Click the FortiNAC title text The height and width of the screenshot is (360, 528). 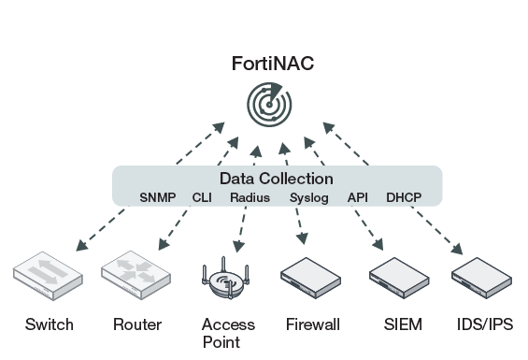tap(273, 63)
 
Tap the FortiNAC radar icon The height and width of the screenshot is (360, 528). tap(269, 105)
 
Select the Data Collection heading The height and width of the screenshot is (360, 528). tap(277, 179)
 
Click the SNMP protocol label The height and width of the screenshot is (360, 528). tap(158, 197)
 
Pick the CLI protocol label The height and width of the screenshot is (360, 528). tap(202, 197)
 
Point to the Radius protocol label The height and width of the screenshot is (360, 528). tap(250, 197)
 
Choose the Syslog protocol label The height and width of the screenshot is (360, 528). tap(309, 198)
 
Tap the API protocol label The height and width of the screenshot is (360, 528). tap(358, 197)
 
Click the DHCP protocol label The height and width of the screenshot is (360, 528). tap(404, 197)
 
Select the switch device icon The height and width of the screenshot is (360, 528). tap(49, 276)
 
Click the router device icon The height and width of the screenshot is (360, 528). tap(136, 275)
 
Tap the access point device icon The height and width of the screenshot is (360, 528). tap(225, 278)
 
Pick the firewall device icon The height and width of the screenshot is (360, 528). tap(311, 278)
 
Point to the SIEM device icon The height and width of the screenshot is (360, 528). tap(399, 278)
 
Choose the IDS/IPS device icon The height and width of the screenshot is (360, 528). tap(482, 278)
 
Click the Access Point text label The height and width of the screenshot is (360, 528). tap(228, 333)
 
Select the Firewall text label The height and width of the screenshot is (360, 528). tap(313, 324)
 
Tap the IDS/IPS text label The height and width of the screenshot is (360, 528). tap(485, 324)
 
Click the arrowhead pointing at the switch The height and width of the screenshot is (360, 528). tap(81, 246)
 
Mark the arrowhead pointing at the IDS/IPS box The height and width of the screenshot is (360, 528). tap(457, 249)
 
